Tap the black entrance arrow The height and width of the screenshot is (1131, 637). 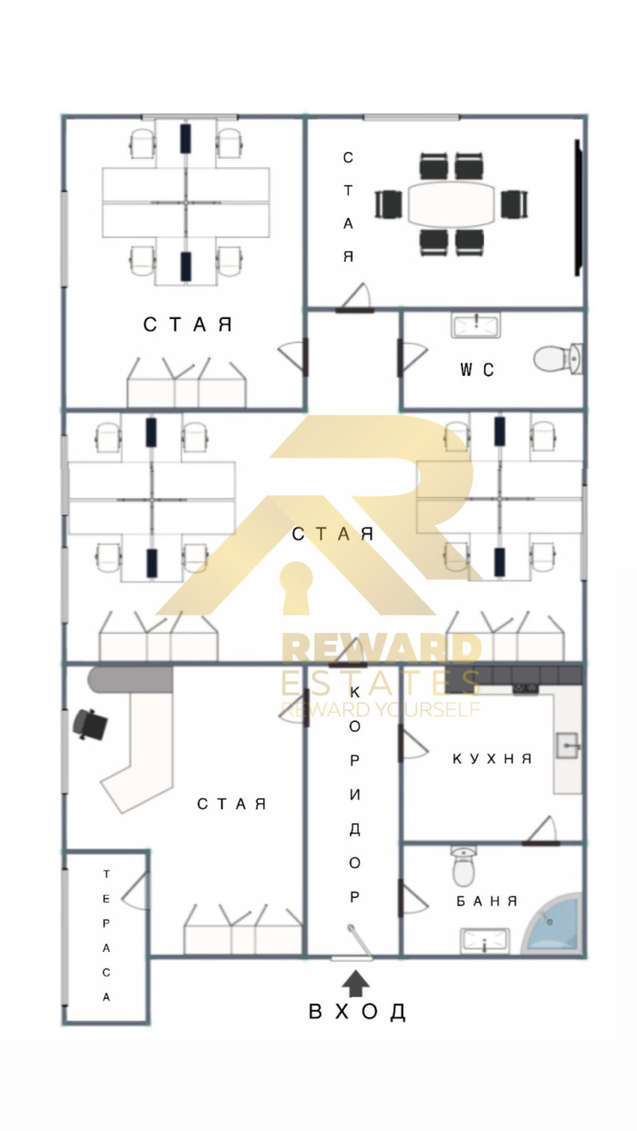click(356, 982)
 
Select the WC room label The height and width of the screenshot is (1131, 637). click(476, 369)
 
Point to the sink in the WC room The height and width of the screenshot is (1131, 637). click(475, 325)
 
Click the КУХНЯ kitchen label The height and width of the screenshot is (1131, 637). click(491, 759)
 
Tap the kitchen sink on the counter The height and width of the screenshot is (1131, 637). click(568, 745)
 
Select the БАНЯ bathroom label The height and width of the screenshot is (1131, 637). click(487, 901)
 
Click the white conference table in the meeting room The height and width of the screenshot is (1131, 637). click(451, 204)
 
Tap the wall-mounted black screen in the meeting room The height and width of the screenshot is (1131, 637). click(577, 208)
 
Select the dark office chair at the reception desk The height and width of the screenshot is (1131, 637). click(91, 723)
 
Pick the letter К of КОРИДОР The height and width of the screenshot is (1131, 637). click(354, 692)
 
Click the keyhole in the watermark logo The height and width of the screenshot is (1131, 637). click(297, 587)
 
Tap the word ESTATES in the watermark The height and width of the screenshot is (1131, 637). click(380, 682)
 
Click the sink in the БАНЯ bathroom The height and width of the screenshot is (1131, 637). click(484, 941)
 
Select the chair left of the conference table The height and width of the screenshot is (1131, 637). click(388, 205)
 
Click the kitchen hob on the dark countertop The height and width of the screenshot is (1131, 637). click(526, 688)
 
